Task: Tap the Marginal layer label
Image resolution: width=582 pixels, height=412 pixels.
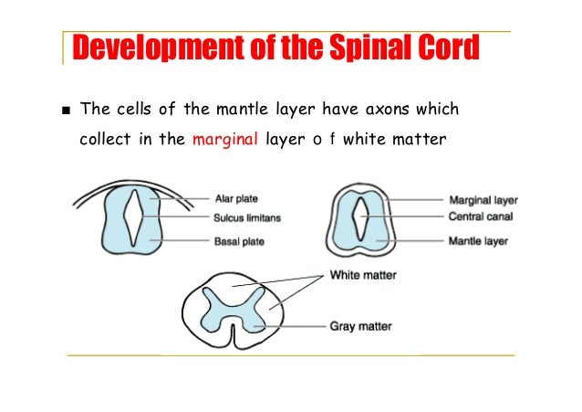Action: tap(483, 199)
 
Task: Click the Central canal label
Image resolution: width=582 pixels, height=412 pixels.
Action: tap(482, 217)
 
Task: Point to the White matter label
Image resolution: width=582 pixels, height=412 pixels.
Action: tap(362, 274)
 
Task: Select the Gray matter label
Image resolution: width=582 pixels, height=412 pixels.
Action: tap(361, 324)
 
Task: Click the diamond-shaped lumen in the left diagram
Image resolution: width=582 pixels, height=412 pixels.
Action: tap(135, 217)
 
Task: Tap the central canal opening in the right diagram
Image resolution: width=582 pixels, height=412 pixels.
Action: tap(361, 217)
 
